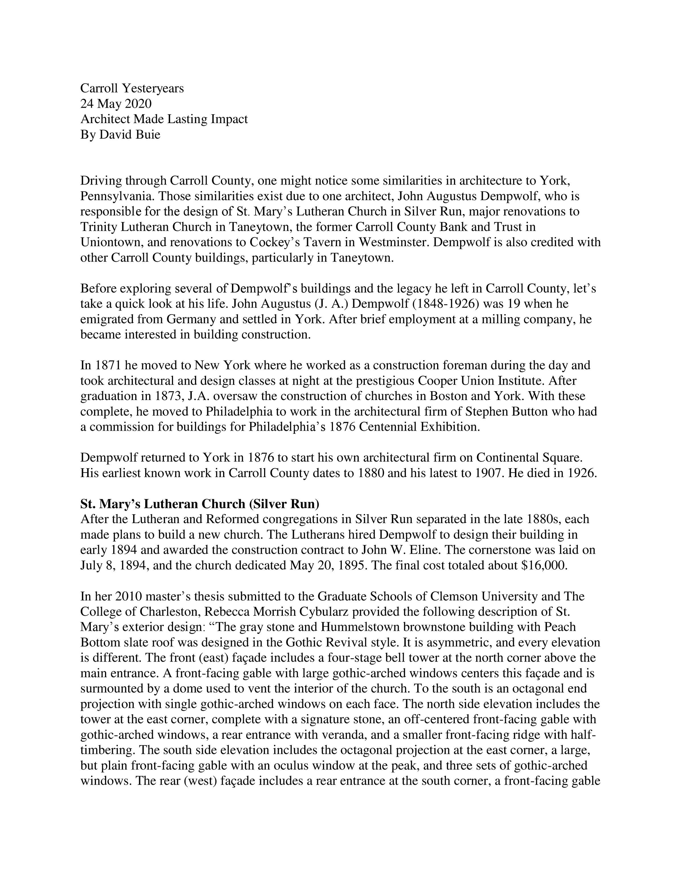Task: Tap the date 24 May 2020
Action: [116, 103]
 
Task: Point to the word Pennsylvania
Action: [117, 196]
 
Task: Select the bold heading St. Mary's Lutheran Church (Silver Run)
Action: [200, 504]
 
